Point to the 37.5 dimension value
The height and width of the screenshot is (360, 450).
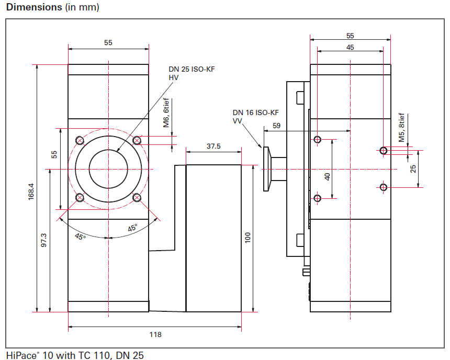click(213, 147)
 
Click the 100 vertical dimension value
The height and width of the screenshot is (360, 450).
click(248, 238)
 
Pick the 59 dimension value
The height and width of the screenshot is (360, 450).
click(277, 126)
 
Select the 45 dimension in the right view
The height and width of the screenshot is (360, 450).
click(350, 47)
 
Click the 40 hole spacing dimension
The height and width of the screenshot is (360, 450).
click(328, 177)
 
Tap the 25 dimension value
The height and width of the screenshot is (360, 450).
click(413, 169)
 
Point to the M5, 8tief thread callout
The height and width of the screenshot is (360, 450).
click(402, 128)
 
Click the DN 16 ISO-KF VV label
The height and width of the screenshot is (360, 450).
click(255, 116)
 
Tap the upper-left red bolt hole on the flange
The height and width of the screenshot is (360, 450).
click(80, 140)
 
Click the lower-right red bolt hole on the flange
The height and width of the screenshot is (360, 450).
click(137, 197)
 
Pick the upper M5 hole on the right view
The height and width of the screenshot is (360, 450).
click(384, 151)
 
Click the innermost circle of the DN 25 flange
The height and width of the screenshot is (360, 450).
click(108, 168)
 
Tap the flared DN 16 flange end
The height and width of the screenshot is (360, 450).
click(266, 168)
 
